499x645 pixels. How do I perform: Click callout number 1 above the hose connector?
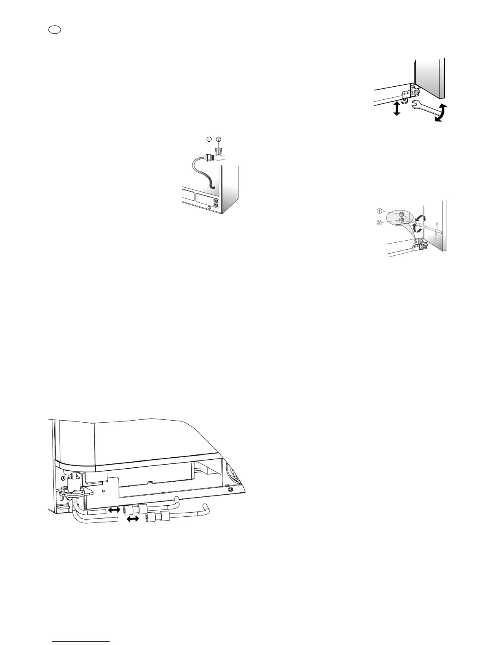209,139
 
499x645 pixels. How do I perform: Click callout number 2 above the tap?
219,139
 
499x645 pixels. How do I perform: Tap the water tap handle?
219,151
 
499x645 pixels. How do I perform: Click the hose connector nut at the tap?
209,157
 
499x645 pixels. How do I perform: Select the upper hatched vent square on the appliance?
216,202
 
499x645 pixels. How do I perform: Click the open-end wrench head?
417,105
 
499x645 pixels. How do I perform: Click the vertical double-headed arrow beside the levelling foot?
396,109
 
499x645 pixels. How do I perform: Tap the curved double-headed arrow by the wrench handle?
439,113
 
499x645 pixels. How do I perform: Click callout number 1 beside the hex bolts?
379,211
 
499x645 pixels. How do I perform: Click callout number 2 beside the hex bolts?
379,222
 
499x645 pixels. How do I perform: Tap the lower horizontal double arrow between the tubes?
133,519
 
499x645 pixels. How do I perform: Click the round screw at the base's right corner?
231,488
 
